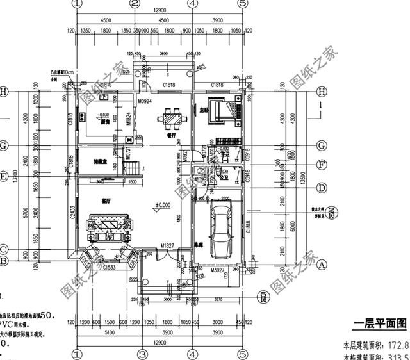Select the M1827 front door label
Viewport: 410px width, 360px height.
[168, 246]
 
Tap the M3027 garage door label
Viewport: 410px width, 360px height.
[219, 271]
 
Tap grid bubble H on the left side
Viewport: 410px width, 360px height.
[4, 92]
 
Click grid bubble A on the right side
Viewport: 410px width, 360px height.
[324, 263]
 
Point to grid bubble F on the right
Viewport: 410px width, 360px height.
[324, 163]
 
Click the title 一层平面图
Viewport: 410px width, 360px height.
[380, 322]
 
